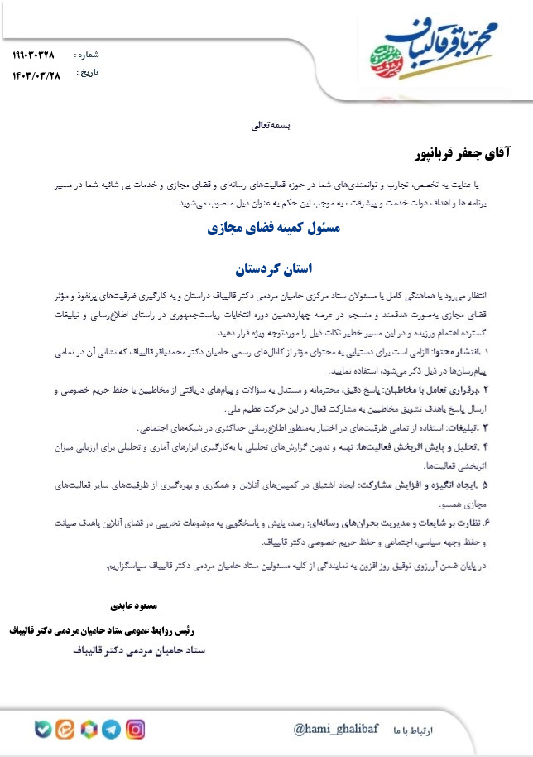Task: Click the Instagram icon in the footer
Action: (135, 729)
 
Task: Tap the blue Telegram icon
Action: (110, 729)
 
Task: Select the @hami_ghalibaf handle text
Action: (335, 729)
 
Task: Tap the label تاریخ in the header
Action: (87, 72)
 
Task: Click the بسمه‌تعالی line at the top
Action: (266, 127)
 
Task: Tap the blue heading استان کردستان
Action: (266, 269)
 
